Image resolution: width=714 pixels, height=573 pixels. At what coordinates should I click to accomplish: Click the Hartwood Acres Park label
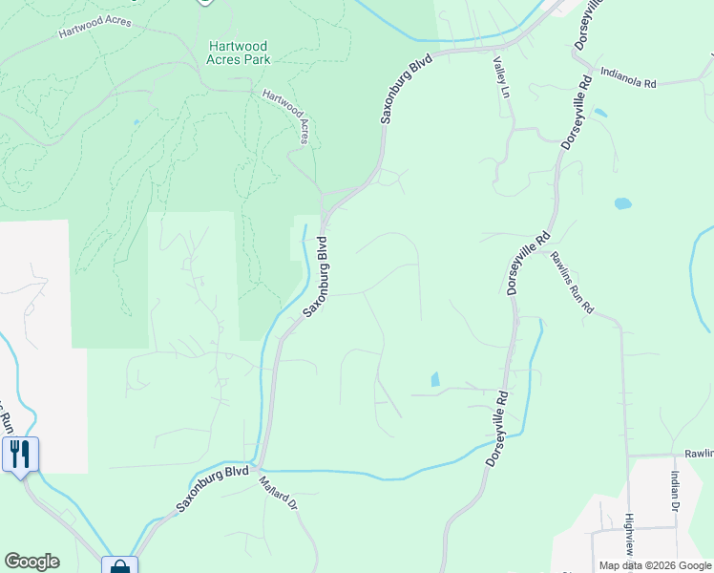[x=238, y=53]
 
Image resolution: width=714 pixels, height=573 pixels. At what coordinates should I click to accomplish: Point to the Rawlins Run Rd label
[x=571, y=283]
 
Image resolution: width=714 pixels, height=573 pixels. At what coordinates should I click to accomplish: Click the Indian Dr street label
[x=674, y=492]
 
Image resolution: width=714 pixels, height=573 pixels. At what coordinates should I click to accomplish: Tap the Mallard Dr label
[x=280, y=492]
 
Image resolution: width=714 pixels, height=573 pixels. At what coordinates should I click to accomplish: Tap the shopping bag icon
[x=119, y=567]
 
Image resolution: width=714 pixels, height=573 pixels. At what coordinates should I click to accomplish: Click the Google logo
[x=31, y=562]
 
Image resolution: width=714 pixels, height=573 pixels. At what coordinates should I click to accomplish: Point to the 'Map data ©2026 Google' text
[x=655, y=565]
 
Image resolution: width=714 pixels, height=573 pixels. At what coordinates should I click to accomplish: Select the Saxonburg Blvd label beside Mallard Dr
[x=213, y=490]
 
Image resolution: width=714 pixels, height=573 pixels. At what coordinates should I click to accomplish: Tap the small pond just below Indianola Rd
[x=600, y=113]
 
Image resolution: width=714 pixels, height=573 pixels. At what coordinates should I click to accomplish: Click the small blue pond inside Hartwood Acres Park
[x=136, y=122]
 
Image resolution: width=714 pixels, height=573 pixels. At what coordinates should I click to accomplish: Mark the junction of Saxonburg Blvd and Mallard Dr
[x=259, y=470]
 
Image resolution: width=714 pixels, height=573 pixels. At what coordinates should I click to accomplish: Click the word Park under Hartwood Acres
[x=256, y=59]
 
